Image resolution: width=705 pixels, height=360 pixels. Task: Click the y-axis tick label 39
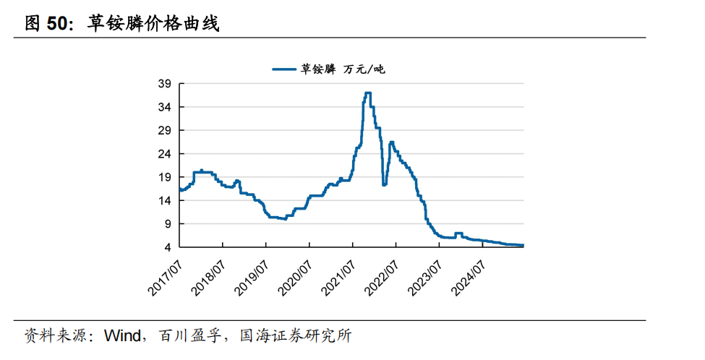[165, 84]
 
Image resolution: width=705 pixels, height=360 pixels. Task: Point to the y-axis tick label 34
[165, 108]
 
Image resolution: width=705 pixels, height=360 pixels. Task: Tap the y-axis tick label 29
[165, 131]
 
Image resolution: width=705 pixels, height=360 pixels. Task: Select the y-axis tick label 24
[165, 154]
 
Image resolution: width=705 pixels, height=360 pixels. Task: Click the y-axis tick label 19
[165, 178]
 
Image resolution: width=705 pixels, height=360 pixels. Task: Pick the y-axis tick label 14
[165, 201]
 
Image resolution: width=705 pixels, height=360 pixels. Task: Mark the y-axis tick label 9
[168, 224]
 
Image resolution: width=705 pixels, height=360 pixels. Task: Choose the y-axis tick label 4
[168, 248]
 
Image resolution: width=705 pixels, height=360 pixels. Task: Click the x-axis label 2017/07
[165, 278]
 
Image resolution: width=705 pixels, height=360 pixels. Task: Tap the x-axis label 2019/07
[252, 278]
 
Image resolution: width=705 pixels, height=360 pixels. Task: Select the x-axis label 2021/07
[338, 278]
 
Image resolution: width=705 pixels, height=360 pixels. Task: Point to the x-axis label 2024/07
[469, 278]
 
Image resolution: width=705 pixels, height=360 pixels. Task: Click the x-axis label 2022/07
[382, 278]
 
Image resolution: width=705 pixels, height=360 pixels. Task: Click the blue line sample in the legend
[284, 69]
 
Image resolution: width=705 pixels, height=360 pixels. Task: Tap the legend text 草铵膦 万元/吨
[343, 69]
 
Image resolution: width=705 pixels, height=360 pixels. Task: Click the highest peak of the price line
[368, 93]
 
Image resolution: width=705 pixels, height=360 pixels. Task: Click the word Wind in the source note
[122, 335]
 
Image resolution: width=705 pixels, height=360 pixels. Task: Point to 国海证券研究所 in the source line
[296, 335]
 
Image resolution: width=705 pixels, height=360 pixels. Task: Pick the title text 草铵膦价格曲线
[153, 23]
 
